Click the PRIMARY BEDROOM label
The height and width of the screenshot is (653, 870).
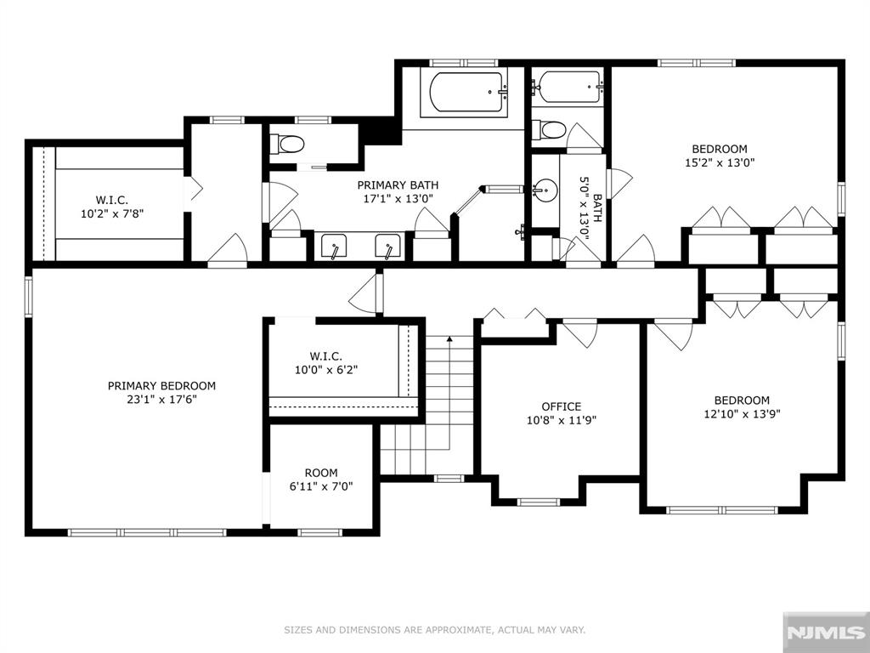click(161, 386)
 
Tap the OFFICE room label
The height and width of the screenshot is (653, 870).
click(562, 407)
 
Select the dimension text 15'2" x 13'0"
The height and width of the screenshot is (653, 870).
click(720, 163)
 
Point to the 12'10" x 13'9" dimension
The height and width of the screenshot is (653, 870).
click(742, 414)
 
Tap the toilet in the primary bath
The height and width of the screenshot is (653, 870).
click(287, 145)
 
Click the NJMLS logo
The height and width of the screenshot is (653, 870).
click(827, 633)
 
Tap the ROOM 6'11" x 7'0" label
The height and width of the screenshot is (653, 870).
click(321, 480)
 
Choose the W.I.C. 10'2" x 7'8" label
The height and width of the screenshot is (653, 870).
click(112, 207)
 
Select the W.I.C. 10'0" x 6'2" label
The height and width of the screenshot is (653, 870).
click(326, 363)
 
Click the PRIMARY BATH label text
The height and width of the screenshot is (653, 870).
click(398, 185)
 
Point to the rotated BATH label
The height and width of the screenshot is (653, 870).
click(597, 208)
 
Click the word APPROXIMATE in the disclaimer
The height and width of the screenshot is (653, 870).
click(450, 630)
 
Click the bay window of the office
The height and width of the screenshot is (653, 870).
click(538, 503)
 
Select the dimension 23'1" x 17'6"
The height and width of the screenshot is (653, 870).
click(161, 400)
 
